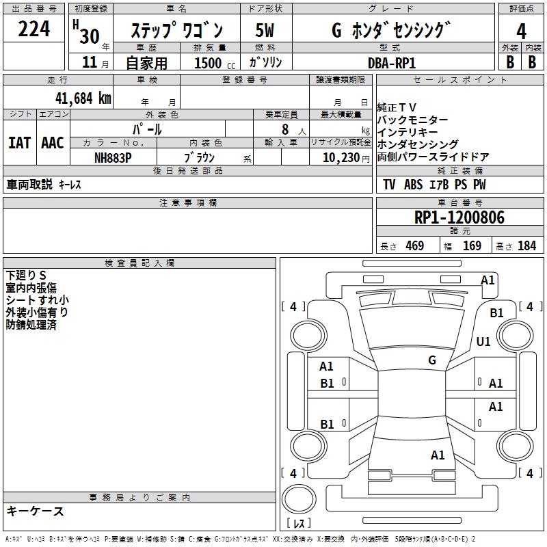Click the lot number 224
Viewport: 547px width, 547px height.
[x=34, y=29]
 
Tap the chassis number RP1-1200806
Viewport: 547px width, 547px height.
[x=459, y=217]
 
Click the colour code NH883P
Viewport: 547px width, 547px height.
[x=113, y=157]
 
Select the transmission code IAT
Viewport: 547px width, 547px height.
[x=19, y=142]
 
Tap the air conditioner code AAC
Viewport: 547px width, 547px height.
[x=52, y=142]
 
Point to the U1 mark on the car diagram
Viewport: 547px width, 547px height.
[x=483, y=342]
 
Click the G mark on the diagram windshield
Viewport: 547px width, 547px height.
[x=432, y=360]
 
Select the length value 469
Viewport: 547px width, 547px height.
[x=414, y=246]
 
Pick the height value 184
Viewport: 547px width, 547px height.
[x=526, y=246]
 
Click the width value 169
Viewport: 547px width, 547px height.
[x=472, y=246]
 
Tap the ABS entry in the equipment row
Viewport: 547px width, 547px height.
[x=413, y=185]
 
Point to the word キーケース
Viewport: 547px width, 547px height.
[x=36, y=511]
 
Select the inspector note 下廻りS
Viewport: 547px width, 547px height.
[x=26, y=275]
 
